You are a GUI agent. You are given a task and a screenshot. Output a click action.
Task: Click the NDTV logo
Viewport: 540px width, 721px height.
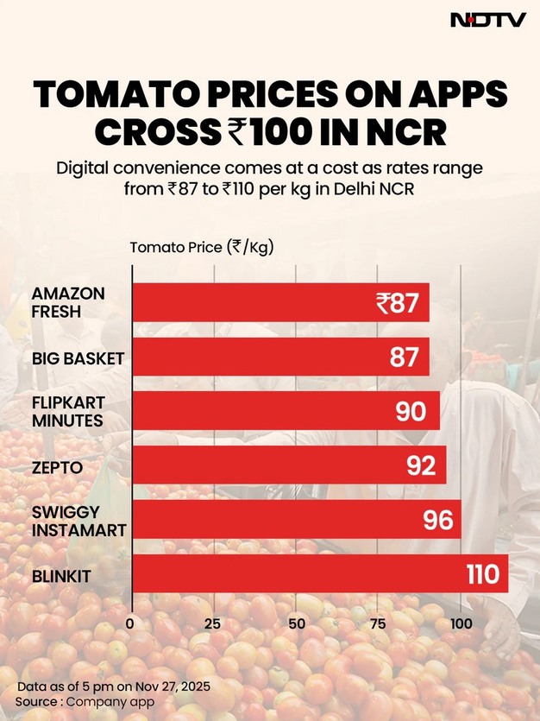pyautogui.click(x=488, y=20)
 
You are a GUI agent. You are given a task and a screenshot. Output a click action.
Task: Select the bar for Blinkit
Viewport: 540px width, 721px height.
pyautogui.click(x=319, y=573)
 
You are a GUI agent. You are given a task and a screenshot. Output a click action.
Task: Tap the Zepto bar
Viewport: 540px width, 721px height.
pyautogui.click(x=288, y=465)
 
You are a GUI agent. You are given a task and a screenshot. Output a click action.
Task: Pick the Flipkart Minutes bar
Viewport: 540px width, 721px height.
pyautogui.click(x=285, y=410)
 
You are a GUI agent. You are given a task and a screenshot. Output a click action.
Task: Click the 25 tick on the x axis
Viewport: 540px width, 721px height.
pyautogui.click(x=213, y=623)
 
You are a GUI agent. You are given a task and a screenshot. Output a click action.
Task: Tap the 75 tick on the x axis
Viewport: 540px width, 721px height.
pyautogui.click(x=378, y=623)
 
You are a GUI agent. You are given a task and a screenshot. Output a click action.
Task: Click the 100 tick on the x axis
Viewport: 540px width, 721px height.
pyautogui.click(x=461, y=623)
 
